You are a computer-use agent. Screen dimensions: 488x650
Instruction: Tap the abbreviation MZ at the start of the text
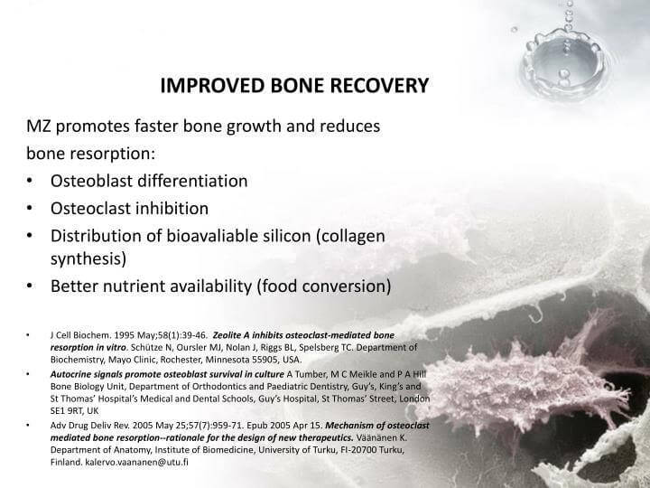click(x=39, y=125)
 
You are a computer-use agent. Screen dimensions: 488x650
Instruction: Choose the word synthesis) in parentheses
click(x=88, y=260)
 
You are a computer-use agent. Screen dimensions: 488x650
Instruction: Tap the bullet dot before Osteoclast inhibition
click(x=32, y=209)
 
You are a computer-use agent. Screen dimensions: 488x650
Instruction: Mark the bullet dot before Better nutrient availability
click(x=32, y=287)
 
